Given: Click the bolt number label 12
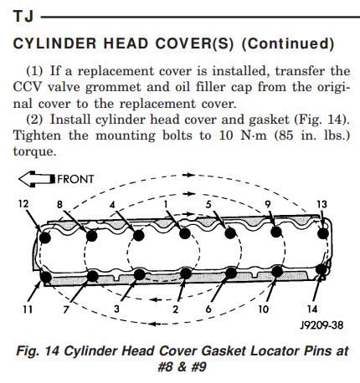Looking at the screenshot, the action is (23, 204).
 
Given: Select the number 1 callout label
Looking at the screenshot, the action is (166, 204).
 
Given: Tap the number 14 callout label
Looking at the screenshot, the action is (312, 309).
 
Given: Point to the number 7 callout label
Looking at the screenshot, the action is (66, 309).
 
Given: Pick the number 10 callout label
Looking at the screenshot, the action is (263, 309).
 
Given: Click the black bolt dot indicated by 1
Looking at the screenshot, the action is (184, 233).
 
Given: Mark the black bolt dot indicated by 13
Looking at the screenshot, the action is (323, 233).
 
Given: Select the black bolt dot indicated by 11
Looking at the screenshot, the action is (46, 277).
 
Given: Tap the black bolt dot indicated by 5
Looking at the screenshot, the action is (230, 233).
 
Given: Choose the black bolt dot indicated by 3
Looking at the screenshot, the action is (139, 275).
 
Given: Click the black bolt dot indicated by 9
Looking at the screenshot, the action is (276, 232).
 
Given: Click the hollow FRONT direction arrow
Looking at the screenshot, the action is (37, 179).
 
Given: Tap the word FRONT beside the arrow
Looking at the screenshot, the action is (75, 179).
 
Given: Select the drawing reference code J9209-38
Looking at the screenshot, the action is (321, 325).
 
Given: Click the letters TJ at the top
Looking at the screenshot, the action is (23, 16).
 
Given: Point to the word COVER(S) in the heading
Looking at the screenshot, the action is (194, 43).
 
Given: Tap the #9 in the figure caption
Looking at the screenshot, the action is (198, 367).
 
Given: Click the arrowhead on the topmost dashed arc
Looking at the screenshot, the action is (190, 175).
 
